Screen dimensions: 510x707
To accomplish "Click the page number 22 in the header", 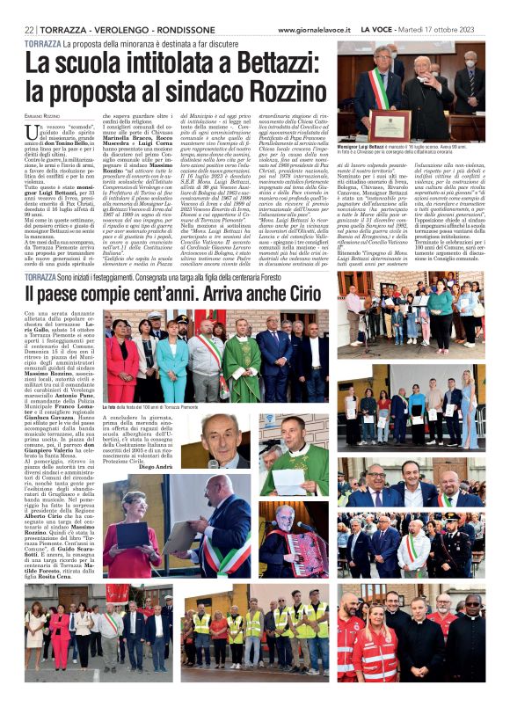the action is click(29, 30).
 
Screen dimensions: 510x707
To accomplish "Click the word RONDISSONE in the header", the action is click(179, 30).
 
